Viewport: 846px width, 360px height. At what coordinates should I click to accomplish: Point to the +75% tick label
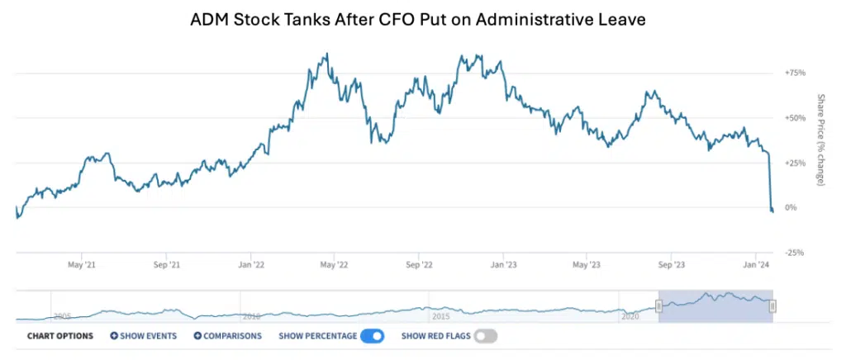(795, 73)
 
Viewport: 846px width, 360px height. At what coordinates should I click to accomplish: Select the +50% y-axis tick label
(795, 118)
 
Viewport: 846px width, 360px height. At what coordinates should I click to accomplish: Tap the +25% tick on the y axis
(795, 163)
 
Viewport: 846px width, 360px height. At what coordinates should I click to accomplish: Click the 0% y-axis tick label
(791, 207)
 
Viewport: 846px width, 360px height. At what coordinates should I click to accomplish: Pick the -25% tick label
(795, 253)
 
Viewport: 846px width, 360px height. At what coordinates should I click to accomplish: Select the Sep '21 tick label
(167, 265)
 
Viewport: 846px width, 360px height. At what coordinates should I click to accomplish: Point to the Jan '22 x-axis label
(251, 265)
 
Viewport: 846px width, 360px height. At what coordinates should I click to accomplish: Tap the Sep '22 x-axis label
(419, 265)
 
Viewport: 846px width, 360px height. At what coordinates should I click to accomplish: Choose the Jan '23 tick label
(503, 265)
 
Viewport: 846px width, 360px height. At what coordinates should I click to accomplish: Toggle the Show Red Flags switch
(486, 336)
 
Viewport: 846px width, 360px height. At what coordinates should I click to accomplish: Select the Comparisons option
(228, 336)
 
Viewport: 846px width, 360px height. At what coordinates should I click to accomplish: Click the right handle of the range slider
(772, 306)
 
